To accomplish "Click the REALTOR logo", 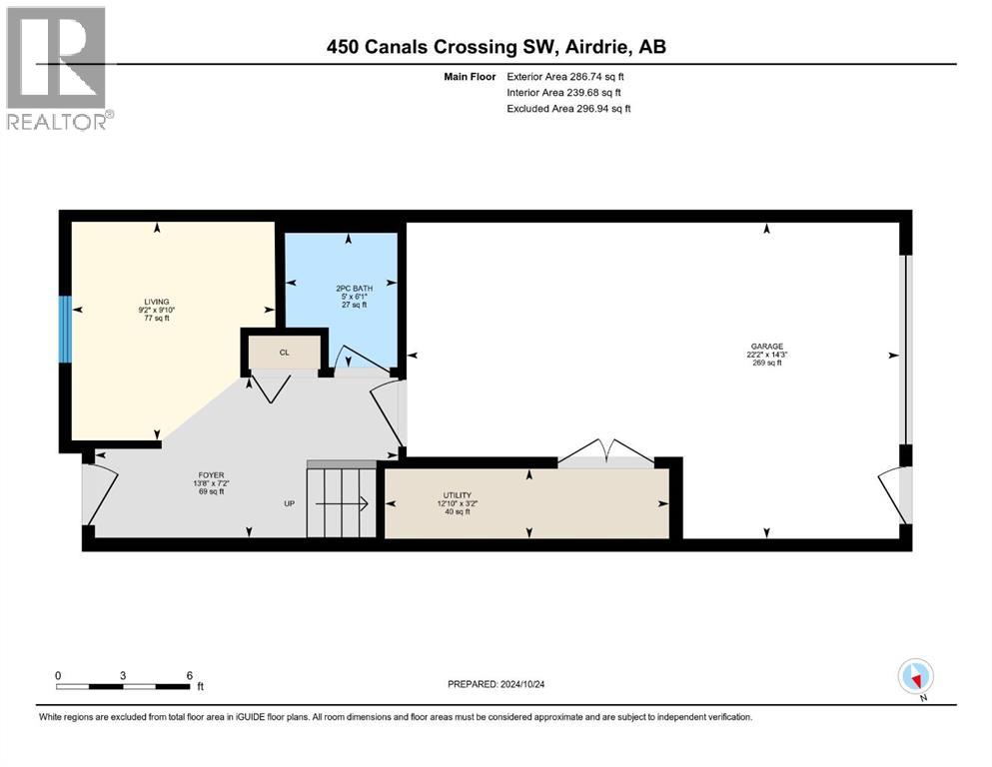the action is tap(60, 68).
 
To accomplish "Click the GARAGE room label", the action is tap(767, 347).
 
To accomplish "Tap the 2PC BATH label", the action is tap(355, 289).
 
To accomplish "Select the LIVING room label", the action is tap(157, 303).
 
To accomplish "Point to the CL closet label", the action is tap(284, 353).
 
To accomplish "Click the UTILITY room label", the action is tap(457, 495).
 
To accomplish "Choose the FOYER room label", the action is tap(212, 475).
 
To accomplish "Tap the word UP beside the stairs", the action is tap(289, 504).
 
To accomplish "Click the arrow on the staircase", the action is tap(342, 504).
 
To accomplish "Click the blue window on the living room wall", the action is tap(65, 330).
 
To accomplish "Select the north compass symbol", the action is tap(915, 678).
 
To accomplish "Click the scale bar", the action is tap(123, 686).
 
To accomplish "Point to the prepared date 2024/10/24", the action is tap(521, 684).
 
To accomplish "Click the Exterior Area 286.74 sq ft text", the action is tap(565, 77).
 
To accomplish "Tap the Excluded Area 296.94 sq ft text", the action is tap(568, 108).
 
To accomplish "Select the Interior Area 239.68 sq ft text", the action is tap(563, 92).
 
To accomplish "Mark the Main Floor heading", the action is tap(470, 77).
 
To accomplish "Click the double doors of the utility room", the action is tap(606, 452).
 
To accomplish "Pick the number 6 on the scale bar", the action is tap(190, 675).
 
